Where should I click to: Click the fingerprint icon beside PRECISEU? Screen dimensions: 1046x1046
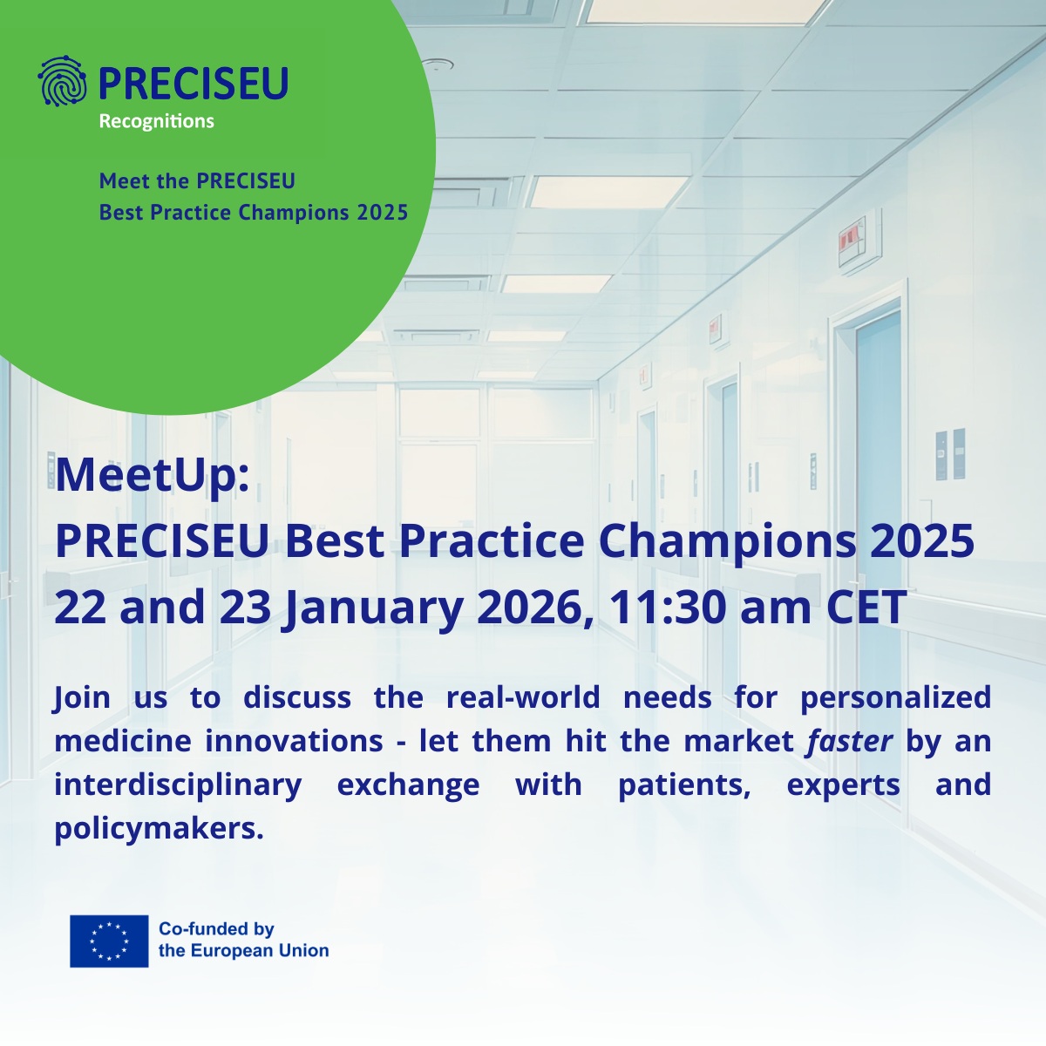click(x=63, y=82)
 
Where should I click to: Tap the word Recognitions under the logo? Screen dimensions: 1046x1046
click(x=156, y=121)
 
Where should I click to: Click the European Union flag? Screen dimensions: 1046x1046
click(x=109, y=941)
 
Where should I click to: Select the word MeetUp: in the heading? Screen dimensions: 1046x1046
click(x=153, y=475)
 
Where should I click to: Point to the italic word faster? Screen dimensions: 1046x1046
click(x=849, y=741)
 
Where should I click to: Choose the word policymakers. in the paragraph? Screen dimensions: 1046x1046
click(x=159, y=829)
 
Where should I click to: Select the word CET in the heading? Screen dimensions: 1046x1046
click(x=866, y=607)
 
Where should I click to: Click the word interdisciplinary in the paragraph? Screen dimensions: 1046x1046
click(x=178, y=784)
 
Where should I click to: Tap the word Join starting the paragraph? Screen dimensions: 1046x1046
click(x=82, y=697)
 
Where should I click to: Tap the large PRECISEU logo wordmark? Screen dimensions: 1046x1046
click(x=193, y=83)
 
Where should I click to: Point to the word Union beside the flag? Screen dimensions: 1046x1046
click(x=304, y=951)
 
